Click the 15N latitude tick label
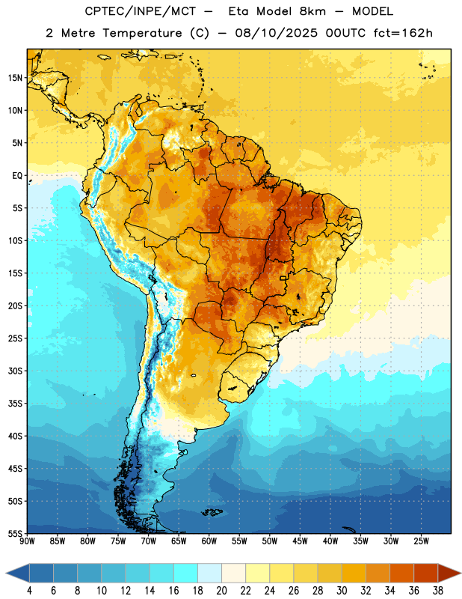point(15,78)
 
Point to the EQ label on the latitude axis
point(17,176)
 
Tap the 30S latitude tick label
point(15,371)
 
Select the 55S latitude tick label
point(15,533)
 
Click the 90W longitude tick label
point(27,541)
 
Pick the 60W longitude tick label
point(209,541)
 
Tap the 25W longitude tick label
point(421,541)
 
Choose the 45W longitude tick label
point(300,541)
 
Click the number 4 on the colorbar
point(29,591)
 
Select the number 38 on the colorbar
point(438,591)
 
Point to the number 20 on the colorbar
point(221,591)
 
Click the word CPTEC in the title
point(99,11)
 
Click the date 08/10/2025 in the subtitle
point(276,33)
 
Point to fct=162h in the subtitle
point(403,33)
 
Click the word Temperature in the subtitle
point(142,34)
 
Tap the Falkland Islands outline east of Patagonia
point(212,512)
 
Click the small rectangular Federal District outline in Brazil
point(283,278)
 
